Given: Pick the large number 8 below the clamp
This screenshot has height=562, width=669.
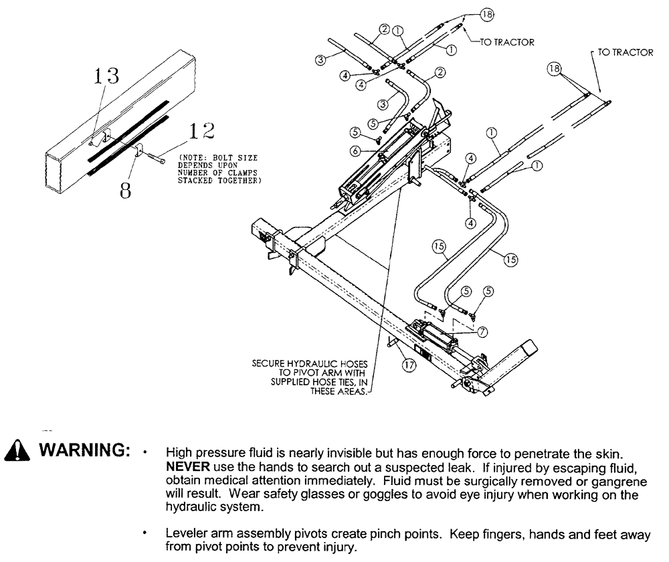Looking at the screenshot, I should tap(124, 191).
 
